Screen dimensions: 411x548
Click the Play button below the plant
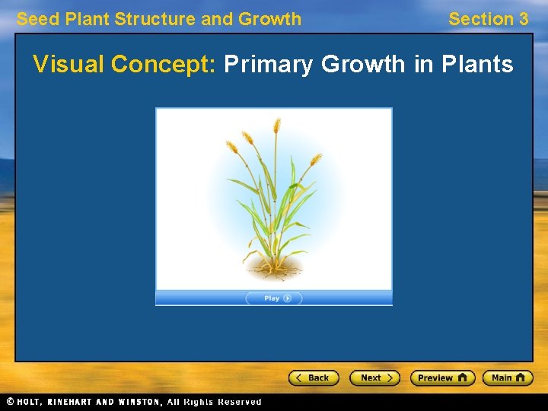click(274, 298)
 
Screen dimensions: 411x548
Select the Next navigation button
click(374, 378)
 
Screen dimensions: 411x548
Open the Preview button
click(442, 378)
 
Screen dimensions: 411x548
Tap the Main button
click(508, 378)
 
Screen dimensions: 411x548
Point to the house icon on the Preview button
click(463, 378)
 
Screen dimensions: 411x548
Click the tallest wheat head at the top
click(277, 126)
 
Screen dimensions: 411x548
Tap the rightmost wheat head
click(315, 160)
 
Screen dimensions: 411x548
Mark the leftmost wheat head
click(231, 146)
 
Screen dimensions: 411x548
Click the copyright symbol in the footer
click(10, 402)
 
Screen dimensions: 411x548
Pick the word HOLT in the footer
click(30, 402)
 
